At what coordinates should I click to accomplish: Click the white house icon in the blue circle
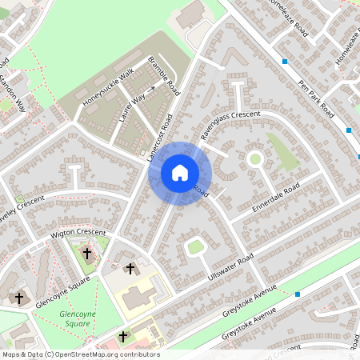pyautogui.click(x=180, y=172)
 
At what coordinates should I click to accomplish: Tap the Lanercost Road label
pyautogui.click(x=161, y=138)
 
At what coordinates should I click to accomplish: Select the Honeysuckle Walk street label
pyautogui.click(x=109, y=88)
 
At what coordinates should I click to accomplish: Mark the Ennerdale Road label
pyautogui.click(x=275, y=197)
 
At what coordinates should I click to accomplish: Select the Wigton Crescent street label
pyautogui.click(x=78, y=233)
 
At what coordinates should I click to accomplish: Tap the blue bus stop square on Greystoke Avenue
pyautogui.click(x=297, y=294)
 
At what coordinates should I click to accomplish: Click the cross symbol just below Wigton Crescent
pyautogui.click(x=87, y=253)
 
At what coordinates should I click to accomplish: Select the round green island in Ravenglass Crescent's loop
pyautogui.click(x=255, y=158)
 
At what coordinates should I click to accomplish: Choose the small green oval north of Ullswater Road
pyautogui.click(x=195, y=246)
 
